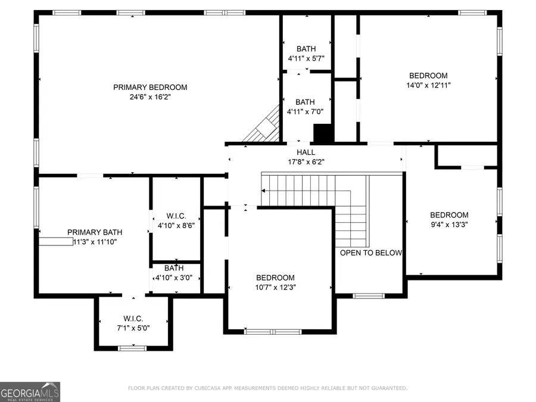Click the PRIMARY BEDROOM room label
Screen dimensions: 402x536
pos(150,88)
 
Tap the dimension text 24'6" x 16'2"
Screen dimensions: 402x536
pos(150,97)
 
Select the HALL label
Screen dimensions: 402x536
pos(306,152)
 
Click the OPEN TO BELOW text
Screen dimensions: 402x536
pos(370,253)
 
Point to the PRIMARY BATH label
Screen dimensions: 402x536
pos(95,232)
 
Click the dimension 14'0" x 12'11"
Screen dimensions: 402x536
pos(428,85)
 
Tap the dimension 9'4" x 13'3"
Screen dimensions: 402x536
pos(449,225)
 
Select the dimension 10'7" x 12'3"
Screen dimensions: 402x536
pos(275,287)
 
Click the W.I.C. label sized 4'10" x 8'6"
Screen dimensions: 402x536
pos(176,216)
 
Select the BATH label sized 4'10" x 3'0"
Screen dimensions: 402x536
pos(174,269)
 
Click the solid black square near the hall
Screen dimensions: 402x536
pos(322,133)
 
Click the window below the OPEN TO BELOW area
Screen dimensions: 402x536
pos(369,295)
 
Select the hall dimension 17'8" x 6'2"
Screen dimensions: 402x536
pos(306,161)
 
